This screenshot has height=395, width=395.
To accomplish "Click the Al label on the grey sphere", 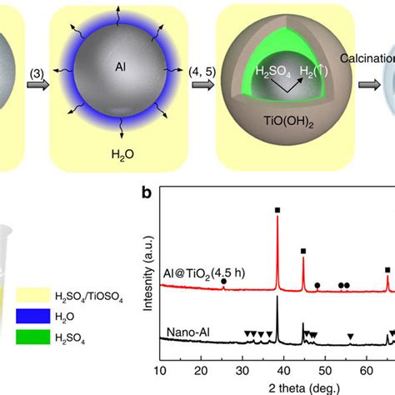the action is pos(120,67).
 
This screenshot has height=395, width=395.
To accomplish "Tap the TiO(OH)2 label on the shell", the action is pos(288,122).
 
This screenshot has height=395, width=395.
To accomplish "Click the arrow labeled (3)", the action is pos(38,85).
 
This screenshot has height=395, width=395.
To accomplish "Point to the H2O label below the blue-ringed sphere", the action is pos(122,154).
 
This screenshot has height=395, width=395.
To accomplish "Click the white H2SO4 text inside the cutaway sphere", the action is pos(272,72).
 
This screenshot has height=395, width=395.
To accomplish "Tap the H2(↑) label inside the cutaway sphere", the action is pos(313,72).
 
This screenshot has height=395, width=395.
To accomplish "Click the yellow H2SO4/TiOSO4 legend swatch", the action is pos(33,295).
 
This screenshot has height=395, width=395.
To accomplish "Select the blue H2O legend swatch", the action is pos(33,316).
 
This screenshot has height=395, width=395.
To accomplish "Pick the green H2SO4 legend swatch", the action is pos(33,337).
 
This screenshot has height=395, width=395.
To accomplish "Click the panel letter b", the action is pos(147,192).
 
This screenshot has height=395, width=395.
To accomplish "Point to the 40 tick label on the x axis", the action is pos(283,371).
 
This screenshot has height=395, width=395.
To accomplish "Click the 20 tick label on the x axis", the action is pos(201,371).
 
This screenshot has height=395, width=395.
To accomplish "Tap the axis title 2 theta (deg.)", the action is pos(304,388).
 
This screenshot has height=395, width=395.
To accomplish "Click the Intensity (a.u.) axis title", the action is pos(148,273).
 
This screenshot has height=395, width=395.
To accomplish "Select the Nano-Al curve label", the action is pos(188,332).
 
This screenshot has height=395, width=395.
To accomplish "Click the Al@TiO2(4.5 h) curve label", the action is pos(204,274).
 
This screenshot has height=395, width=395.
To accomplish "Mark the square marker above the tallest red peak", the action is pos(277,210).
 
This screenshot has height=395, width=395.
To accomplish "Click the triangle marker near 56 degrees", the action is pos(351,337).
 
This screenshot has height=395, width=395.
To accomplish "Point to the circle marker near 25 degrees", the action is pos(223,282).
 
